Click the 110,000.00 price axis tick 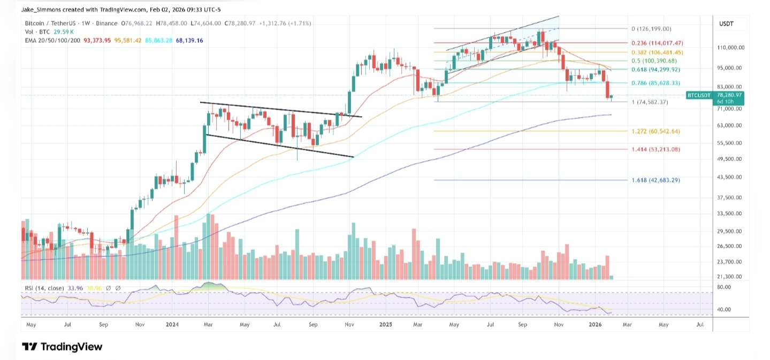(731, 48)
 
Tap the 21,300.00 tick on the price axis (730, 277)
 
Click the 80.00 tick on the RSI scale (724, 287)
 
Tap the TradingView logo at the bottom (62, 347)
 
